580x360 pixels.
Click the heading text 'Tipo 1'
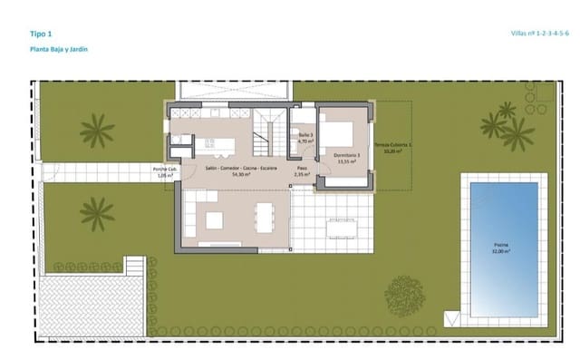click(41, 33)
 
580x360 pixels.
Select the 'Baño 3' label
click(305, 139)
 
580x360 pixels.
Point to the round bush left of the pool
click(402, 294)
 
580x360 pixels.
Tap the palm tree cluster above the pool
click(507, 127)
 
